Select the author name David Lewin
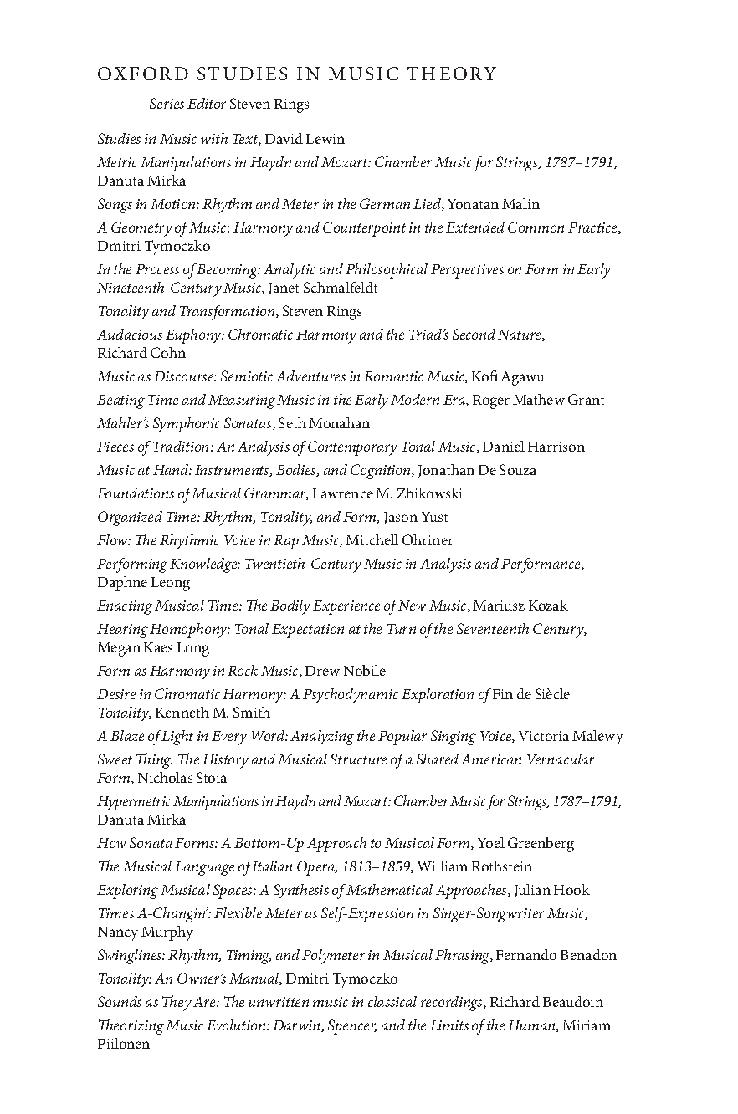pos(305,139)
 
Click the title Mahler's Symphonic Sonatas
pos(184,423)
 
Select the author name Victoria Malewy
pos(571,736)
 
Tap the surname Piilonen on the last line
pos(124,1044)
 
